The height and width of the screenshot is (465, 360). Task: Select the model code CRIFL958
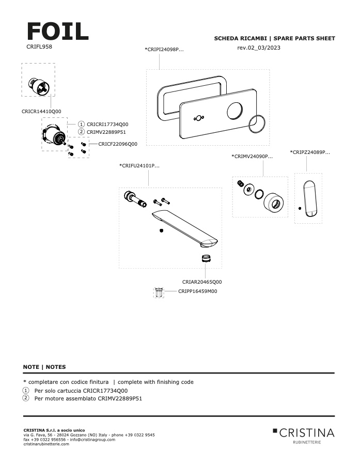pyautogui.click(x=39, y=47)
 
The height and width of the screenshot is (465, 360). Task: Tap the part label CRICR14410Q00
pyautogui.click(x=41, y=111)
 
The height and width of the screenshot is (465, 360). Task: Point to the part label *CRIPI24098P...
pyautogui.click(x=164, y=49)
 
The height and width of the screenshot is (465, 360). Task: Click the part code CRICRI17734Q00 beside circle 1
pyautogui.click(x=107, y=124)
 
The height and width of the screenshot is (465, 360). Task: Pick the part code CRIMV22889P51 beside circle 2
pyautogui.click(x=106, y=132)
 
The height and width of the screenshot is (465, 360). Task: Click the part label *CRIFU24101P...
pyautogui.click(x=139, y=166)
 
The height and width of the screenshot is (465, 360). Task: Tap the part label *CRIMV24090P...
pyautogui.click(x=252, y=156)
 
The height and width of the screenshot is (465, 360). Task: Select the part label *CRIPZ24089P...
pyautogui.click(x=310, y=152)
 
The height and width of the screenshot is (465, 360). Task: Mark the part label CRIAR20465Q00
pyautogui.click(x=202, y=282)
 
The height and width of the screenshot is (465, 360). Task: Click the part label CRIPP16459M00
pyautogui.click(x=198, y=291)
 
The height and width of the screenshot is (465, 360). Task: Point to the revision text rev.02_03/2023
pyautogui.click(x=259, y=48)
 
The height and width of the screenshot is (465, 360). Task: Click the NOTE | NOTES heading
pyautogui.click(x=44, y=367)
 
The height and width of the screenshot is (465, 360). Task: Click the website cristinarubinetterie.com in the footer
pyautogui.click(x=46, y=444)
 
